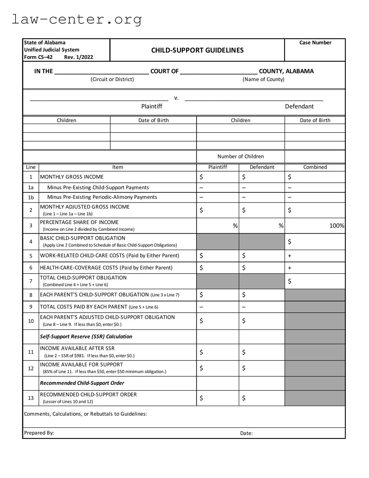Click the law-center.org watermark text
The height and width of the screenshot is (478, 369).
pyautogui.click(x=77, y=19)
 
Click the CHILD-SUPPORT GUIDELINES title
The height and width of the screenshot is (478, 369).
pyautogui.click(x=197, y=50)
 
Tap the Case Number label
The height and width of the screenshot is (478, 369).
pyautogui.click(x=315, y=43)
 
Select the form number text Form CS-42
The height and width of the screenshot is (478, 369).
pyautogui.click(x=38, y=57)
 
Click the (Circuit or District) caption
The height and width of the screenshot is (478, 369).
pyautogui.click(x=112, y=79)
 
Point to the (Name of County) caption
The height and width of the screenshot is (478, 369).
pyautogui.click(x=263, y=79)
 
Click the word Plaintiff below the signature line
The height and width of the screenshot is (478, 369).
pyautogui.click(x=152, y=106)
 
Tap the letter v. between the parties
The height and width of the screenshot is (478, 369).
pyautogui.click(x=176, y=98)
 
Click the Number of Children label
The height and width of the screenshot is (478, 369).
pyautogui.click(x=240, y=157)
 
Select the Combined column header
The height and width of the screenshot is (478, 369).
pyautogui.click(x=315, y=167)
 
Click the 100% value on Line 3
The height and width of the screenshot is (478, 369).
pyautogui.click(x=336, y=226)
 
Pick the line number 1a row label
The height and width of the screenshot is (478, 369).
pyautogui.click(x=31, y=188)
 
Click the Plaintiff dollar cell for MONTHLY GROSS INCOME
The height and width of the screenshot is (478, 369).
pyautogui.click(x=217, y=177)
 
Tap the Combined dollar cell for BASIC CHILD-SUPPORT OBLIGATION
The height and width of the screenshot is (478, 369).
pyautogui.click(x=315, y=242)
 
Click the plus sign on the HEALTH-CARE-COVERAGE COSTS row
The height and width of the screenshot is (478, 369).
pyautogui.click(x=290, y=268)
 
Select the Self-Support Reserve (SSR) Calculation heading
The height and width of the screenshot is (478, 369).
pyautogui.click(x=86, y=337)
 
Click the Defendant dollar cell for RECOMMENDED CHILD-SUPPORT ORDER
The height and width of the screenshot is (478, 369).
pyautogui.click(x=261, y=398)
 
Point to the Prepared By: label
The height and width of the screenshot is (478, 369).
pyautogui.click(x=39, y=433)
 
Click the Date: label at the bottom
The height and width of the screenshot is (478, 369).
pyautogui.click(x=246, y=433)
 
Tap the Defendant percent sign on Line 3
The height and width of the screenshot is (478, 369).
pyautogui.click(x=281, y=226)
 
